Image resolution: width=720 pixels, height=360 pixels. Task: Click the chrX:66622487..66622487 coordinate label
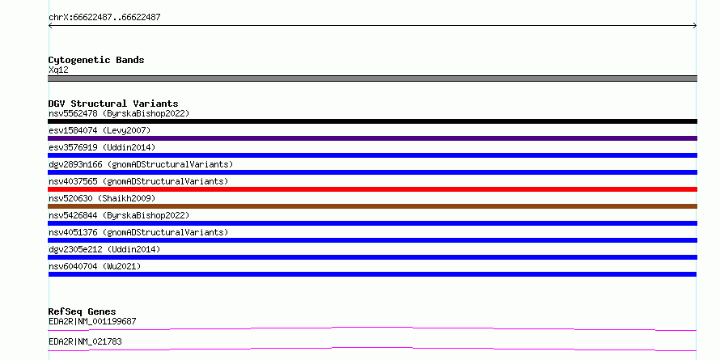pos(104,18)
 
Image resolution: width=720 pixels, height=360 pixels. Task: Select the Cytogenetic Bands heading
pos(96,60)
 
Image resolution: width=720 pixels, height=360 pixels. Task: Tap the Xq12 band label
pos(58,70)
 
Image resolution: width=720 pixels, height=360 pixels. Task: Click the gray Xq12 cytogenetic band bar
pos(372,78)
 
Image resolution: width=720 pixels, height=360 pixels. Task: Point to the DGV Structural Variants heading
pos(113,104)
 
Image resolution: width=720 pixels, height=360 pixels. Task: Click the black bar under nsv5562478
pos(372,121)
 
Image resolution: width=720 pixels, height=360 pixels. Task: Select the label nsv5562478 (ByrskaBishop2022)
pos(119,113)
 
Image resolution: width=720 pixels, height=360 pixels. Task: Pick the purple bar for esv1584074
pos(372,138)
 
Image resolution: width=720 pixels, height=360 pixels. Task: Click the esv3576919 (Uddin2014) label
pos(102,147)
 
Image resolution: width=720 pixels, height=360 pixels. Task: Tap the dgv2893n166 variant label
pos(141,164)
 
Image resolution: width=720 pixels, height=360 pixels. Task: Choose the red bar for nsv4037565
pos(372,189)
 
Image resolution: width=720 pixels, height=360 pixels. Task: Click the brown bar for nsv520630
pos(372,206)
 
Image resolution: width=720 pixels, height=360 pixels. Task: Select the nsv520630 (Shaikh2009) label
pos(102,198)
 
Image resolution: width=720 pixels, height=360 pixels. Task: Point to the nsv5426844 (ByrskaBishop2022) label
pos(119,215)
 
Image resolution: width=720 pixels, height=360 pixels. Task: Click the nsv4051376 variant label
pos(138,232)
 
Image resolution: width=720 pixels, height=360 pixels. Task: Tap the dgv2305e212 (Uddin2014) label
pos(104,249)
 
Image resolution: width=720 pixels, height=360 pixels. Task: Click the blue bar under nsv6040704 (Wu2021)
pos(372,274)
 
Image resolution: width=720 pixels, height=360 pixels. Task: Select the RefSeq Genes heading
pos(83,312)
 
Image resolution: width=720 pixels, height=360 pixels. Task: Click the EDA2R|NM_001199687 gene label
pos(92,321)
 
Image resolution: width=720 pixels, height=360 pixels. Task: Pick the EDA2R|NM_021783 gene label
pos(85,342)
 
